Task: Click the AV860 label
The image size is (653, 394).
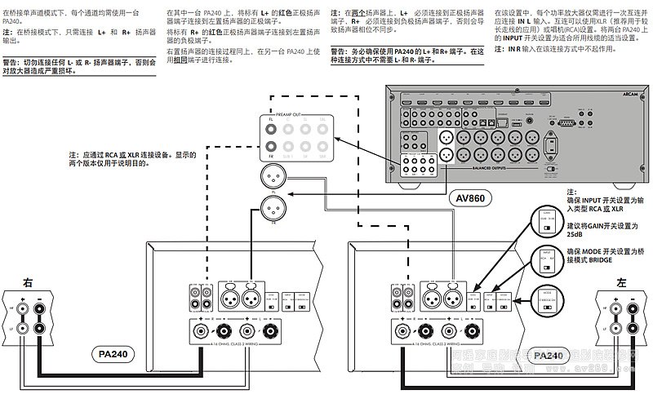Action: point(472,197)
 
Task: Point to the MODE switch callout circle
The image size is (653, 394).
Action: point(547,297)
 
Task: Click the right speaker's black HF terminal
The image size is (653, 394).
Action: point(40,308)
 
